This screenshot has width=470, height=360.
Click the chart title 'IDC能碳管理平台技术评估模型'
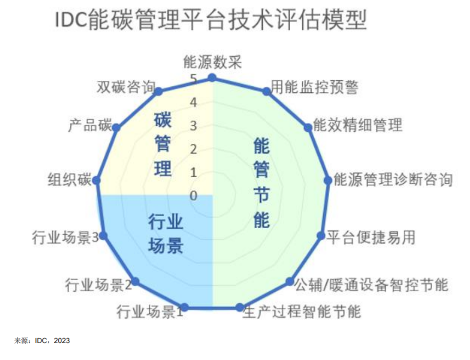pyautogui.click(x=211, y=20)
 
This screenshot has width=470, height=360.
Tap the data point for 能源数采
pyautogui.click(x=212, y=78)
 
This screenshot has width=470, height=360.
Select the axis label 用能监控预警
pyautogui.click(x=315, y=87)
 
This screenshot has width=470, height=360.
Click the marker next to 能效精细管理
pyautogui.click(x=308, y=128)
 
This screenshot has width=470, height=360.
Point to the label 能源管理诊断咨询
pyautogui.click(x=393, y=180)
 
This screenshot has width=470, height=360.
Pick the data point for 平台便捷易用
pyautogui.click(x=321, y=236)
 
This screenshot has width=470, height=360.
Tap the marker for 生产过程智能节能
pyautogui.click(x=240, y=307)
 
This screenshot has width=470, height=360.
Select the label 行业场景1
pyautogui.click(x=149, y=312)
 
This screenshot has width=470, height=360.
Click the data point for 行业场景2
pyautogui.click(x=135, y=282)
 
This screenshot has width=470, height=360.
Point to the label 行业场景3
pyautogui.click(x=65, y=238)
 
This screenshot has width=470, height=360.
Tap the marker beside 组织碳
pyautogui.click(x=96, y=180)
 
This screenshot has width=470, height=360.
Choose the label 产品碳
pyautogui.click(x=89, y=125)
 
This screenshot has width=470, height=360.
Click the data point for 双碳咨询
pyautogui.click(x=159, y=91)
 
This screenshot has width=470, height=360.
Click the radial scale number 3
pyautogui.click(x=193, y=126)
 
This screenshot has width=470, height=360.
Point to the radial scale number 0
pyautogui.click(x=193, y=196)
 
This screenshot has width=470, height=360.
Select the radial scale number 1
pyautogui.click(x=193, y=173)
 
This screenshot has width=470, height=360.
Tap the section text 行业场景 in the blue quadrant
pyautogui.click(x=165, y=234)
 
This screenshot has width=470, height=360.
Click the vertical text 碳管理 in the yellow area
pyautogui.click(x=163, y=144)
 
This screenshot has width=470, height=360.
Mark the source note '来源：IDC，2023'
pyautogui.click(x=42, y=341)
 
